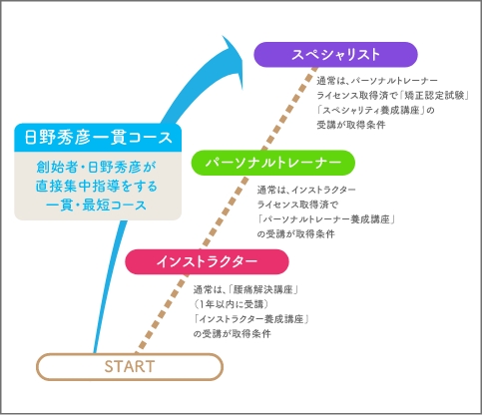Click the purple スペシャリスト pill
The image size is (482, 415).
(335, 55)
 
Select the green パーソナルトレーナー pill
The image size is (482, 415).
(273, 163)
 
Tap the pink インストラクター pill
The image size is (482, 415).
(207, 261)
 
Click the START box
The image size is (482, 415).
(130, 367)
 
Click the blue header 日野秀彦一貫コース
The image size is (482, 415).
(98, 138)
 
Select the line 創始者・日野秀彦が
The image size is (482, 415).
(96, 168)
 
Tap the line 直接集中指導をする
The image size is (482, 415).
(96, 186)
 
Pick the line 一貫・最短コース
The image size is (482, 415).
(96, 205)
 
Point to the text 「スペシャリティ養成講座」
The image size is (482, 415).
(370, 110)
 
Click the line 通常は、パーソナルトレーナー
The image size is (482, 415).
(377, 81)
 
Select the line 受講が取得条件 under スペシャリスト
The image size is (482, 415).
(351, 125)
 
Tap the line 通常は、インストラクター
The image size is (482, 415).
(306, 190)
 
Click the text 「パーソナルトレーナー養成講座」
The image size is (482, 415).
(326, 219)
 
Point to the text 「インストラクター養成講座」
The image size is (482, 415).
(251, 319)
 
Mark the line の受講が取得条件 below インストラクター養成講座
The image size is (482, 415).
(233, 334)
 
